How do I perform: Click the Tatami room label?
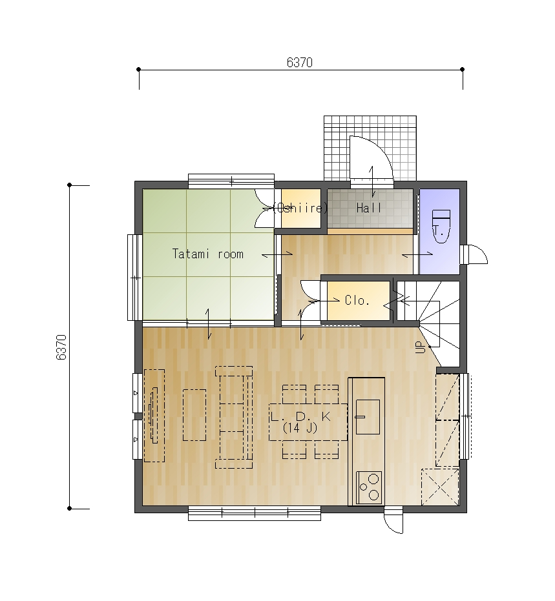click(208, 254)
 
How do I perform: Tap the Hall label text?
click(368, 208)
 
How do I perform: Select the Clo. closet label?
click(357, 300)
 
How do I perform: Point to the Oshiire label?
click(300, 208)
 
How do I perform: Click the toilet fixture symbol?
click(441, 226)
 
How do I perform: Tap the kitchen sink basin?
click(368, 417)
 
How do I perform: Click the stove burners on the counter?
click(369, 487)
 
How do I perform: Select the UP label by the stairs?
click(421, 347)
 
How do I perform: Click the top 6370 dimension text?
click(300, 63)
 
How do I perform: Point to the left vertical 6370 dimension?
click(61, 347)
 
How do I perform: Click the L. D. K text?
click(300, 416)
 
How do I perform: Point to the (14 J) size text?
click(300, 428)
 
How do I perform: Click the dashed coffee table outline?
click(194, 415)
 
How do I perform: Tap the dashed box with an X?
click(441, 487)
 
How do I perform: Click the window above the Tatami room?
click(231, 181)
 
